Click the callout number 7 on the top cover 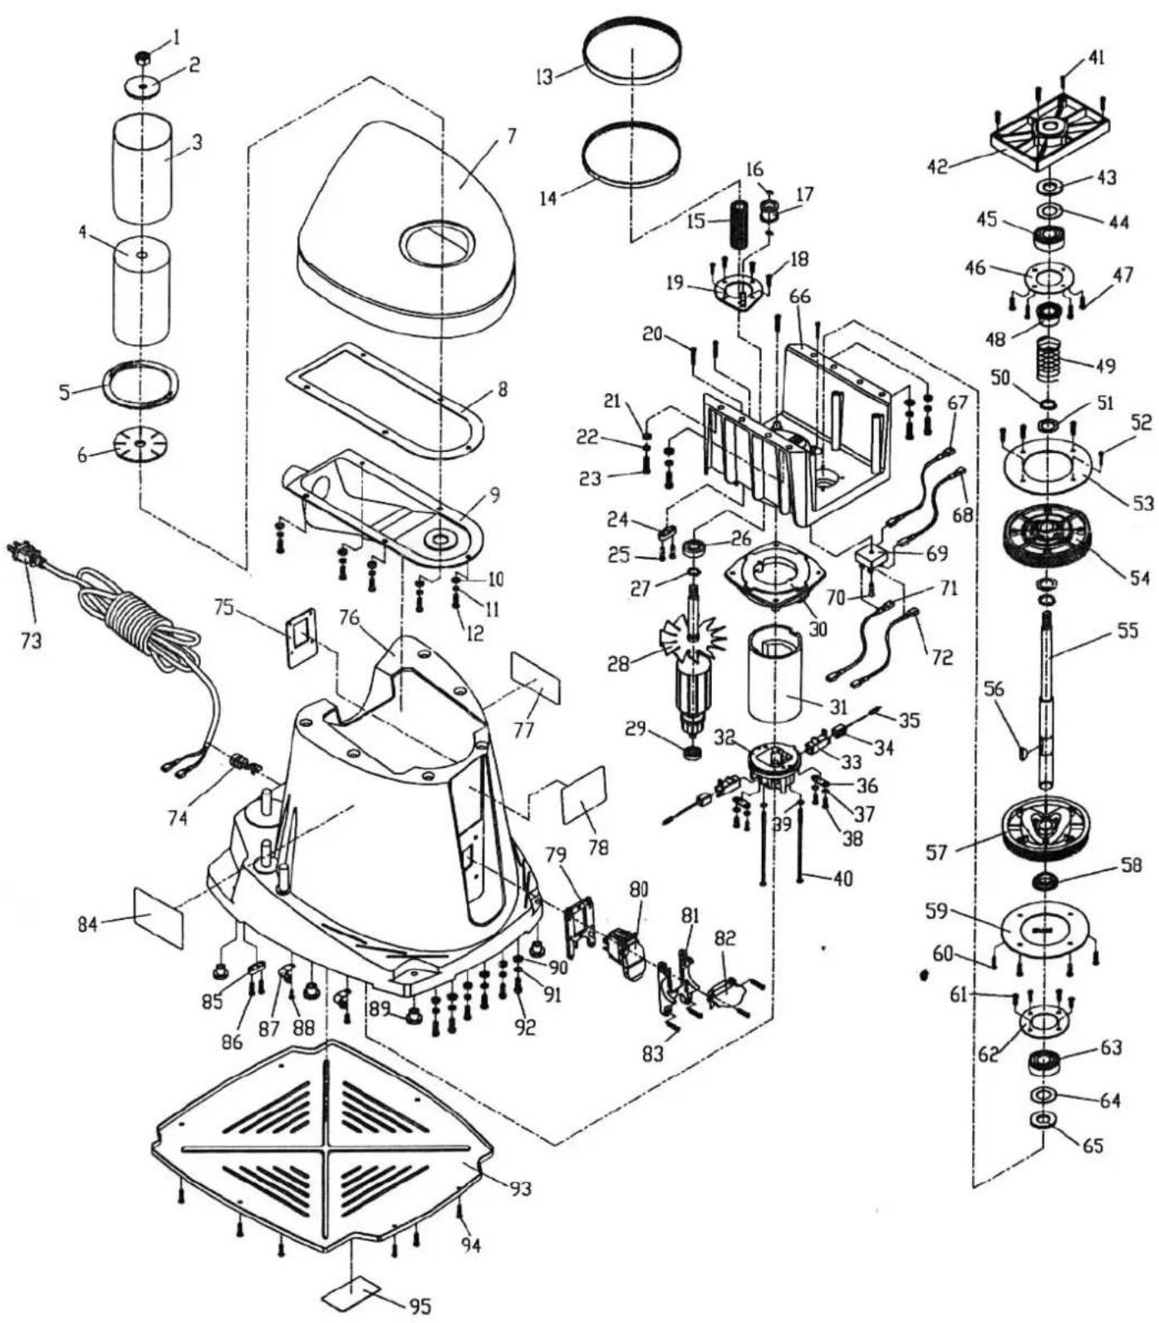pyautogui.click(x=510, y=135)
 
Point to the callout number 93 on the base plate pyautogui.click(x=521, y=1188)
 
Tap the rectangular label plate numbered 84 pyautogui.click(x=158, y=917)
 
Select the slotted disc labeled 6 pyautogui.click(x=141, y=445)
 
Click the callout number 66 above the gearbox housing pyautogui.click(x=800, y=297)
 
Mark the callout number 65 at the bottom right pyautogui.click(x=1093, y=1145)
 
